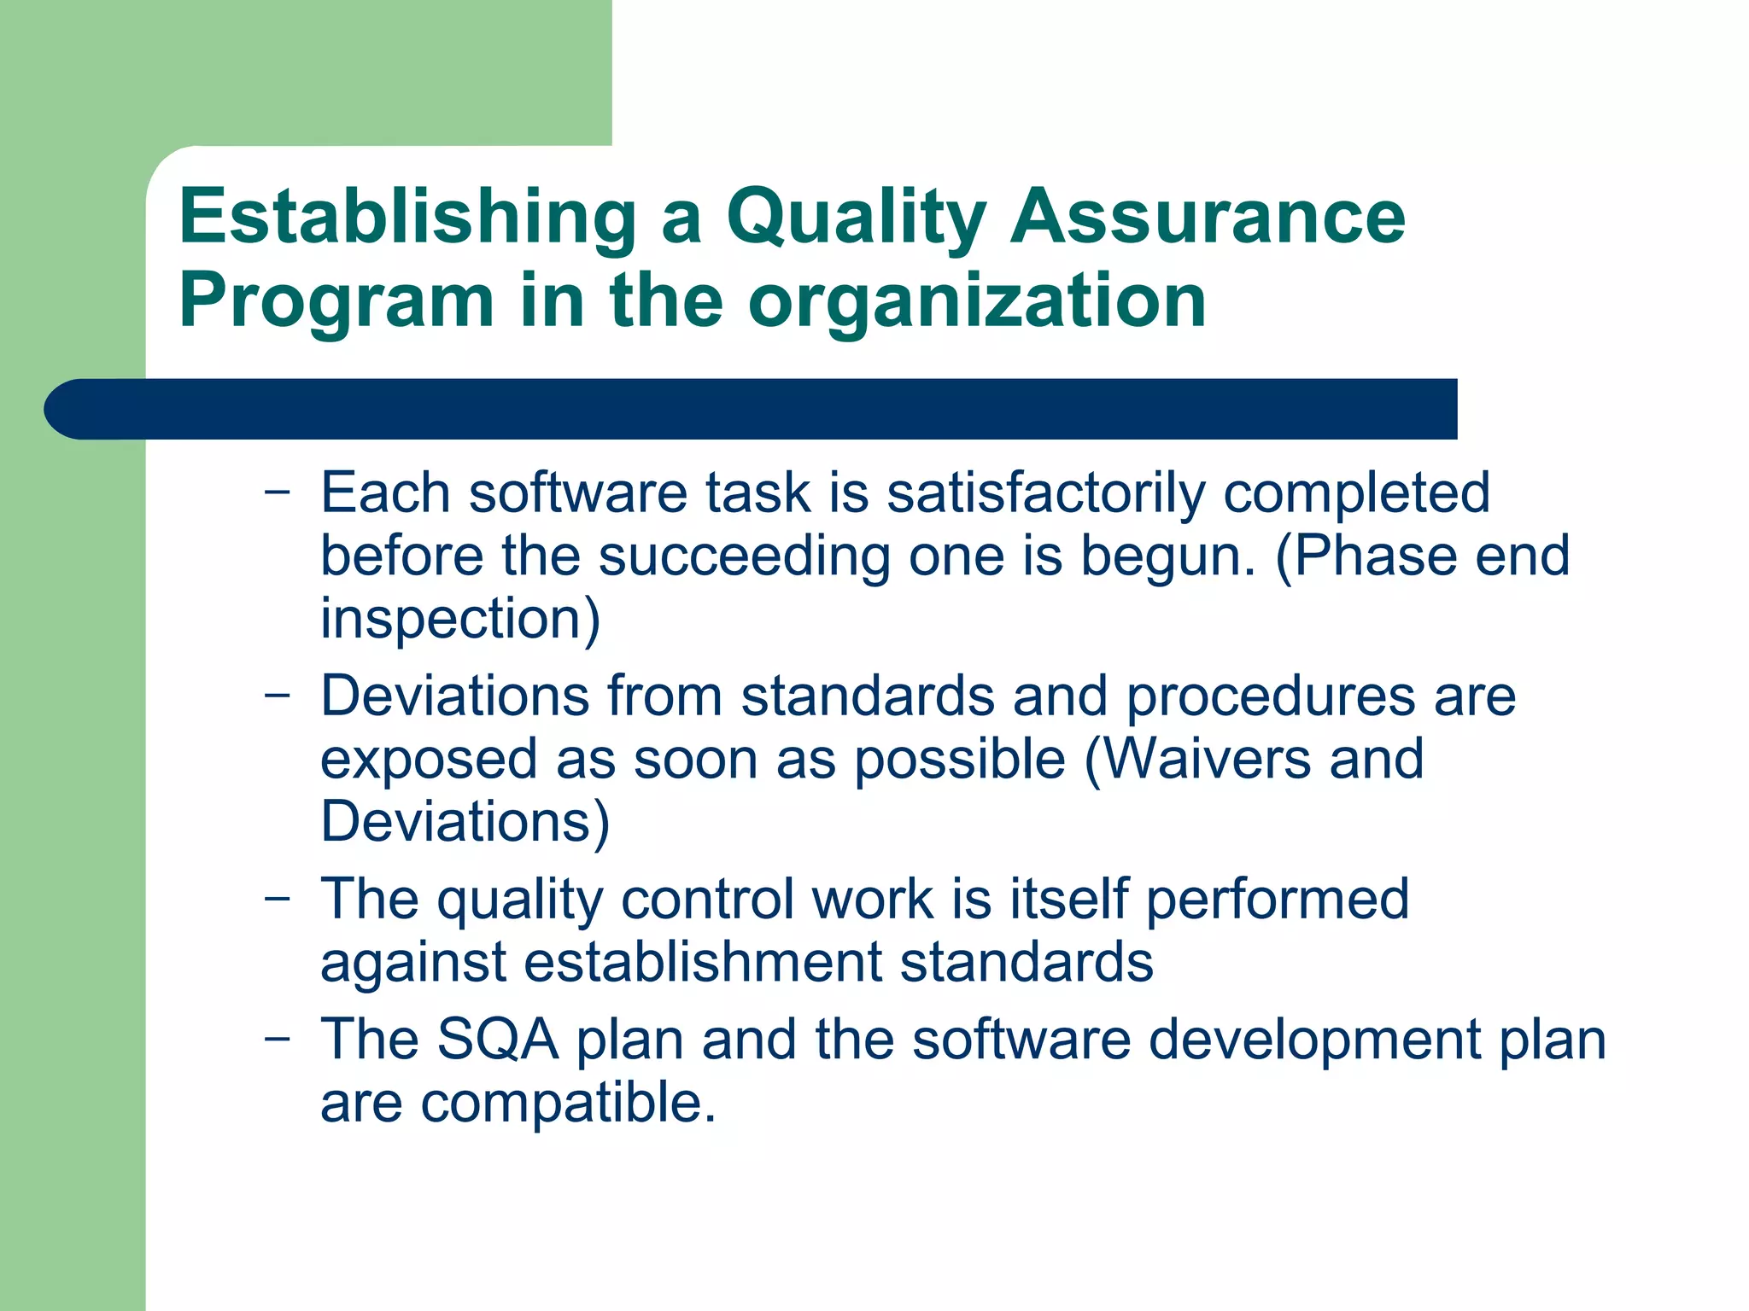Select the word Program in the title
coord(336,302)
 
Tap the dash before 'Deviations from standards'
coord(277,695)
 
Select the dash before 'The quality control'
coord(277,898)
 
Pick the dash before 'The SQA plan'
coord(277,1038)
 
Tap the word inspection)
coord(460,620)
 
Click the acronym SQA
coord(497,1040)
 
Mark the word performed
coord(1277,900)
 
